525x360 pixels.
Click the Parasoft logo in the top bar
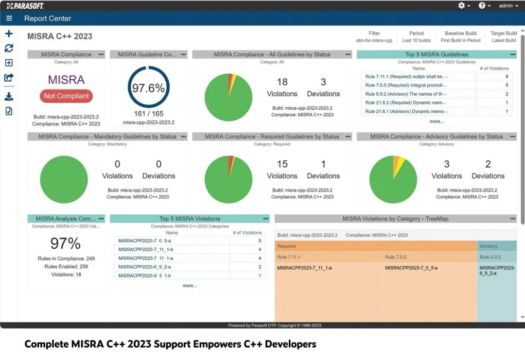pos(25,6)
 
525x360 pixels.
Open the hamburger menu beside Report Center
pos(9,18)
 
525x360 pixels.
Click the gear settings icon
pos(461,6)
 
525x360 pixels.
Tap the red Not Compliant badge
pos(66,96)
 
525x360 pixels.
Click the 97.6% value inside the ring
pos(148,88)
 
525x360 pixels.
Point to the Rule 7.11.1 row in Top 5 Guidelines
pos(407,77)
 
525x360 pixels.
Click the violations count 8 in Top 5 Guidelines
pos(507,77)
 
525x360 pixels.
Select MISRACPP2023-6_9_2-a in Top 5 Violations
pos(144,267)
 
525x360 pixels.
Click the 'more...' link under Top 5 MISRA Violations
pos(190,286)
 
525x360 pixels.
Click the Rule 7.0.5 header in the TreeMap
pos(396,257)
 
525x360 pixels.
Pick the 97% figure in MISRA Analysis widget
pos(66,243)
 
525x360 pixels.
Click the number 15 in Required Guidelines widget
pos(282,164)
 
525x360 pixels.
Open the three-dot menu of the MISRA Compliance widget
pos(101,54)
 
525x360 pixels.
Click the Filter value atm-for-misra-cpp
pos(374,40)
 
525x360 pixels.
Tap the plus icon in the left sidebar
pos(9,34)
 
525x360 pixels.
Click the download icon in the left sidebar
pos(9,97)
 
